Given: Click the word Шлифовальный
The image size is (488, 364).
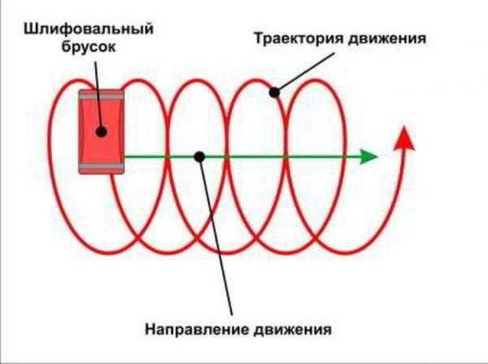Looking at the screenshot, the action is (89, 29).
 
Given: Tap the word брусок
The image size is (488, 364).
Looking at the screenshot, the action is (89, 46).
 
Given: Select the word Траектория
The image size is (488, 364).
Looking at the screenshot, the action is (298, 38).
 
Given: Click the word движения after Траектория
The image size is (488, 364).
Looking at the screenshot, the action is (386, 39).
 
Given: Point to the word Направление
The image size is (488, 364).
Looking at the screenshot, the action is (197, 329).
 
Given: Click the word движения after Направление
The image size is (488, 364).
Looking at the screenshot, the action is (292, 330).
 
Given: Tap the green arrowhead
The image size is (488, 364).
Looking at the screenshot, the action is (369, 157).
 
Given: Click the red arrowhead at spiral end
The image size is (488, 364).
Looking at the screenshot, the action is (404, 138).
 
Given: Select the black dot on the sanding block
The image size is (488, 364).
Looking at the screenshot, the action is (102, 132).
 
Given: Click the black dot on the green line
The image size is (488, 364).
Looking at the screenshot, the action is (199, 157).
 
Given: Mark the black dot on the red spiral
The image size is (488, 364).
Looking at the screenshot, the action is (274, 93).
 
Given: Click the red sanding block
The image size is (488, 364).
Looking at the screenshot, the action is (102, 132).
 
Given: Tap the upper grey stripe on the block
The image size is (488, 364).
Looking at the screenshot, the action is (102, 97).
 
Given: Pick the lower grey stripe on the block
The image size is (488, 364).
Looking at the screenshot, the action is (102, 167).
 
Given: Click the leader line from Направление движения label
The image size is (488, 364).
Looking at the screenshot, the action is (216, 236).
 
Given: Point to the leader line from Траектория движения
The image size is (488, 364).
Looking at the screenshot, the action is (304, 72).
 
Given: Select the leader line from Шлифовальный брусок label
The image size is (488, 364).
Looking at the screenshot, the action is (98, 97).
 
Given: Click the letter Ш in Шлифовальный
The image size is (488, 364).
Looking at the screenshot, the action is (29, 29).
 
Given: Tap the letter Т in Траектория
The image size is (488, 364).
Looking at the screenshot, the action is (259, 38).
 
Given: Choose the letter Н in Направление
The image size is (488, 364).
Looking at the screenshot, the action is (150, 329).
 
